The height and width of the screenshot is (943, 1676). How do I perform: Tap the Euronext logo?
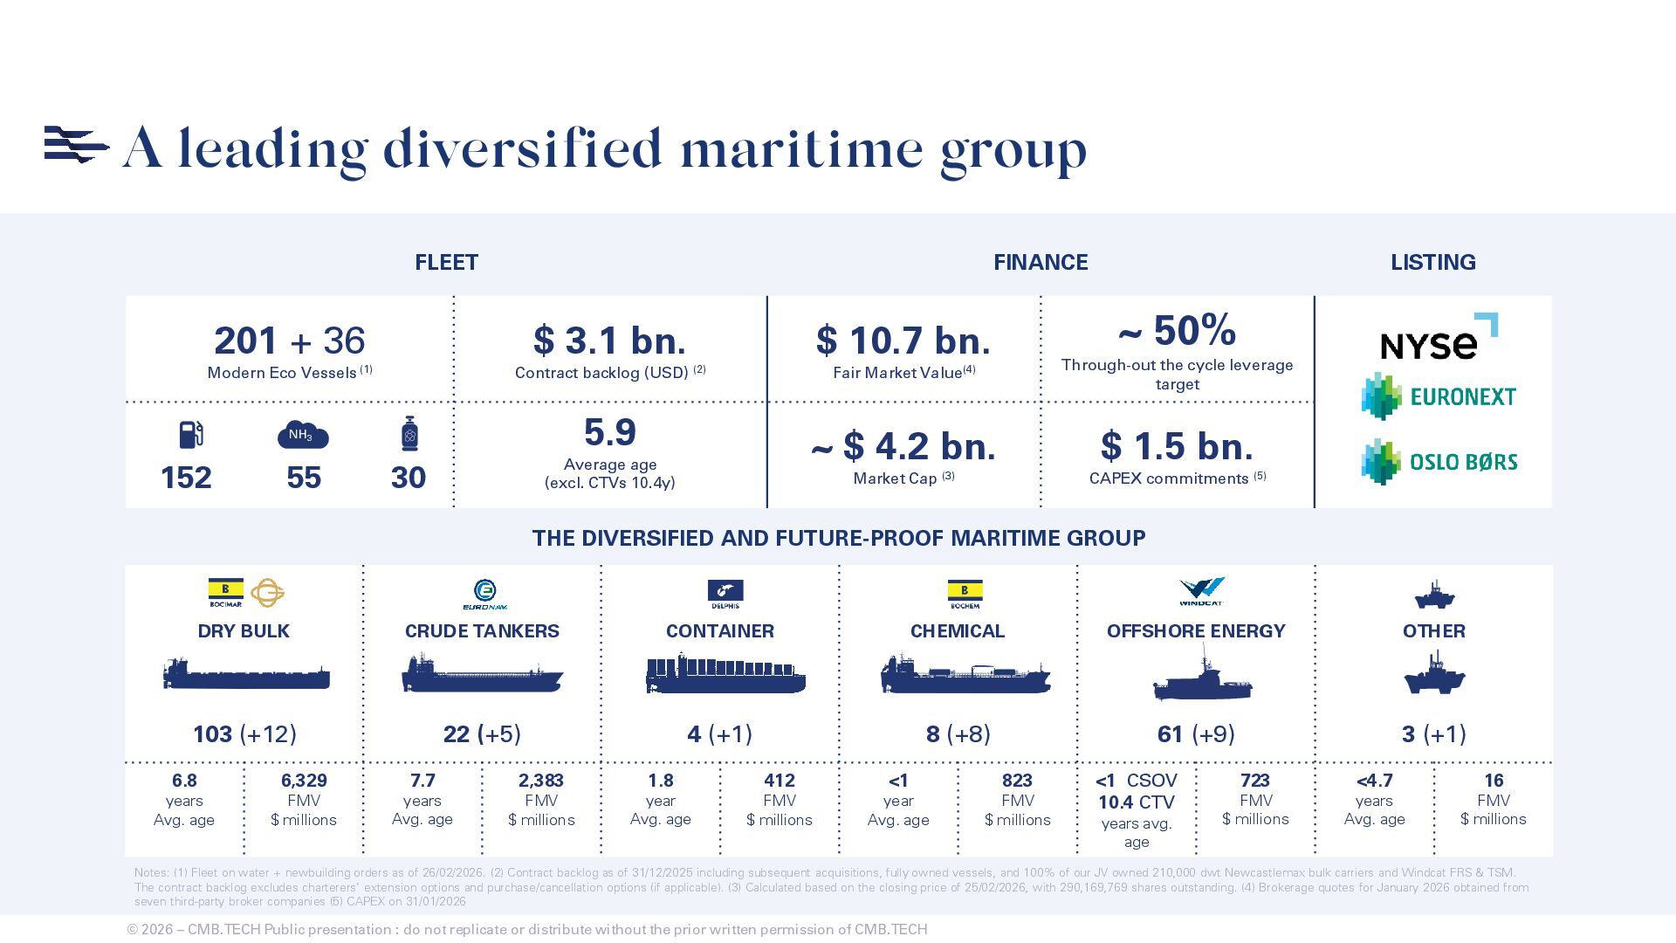point(1439,396)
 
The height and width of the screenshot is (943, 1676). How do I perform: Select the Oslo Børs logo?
point(1439,462)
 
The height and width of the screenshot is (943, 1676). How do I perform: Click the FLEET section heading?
point(446,263)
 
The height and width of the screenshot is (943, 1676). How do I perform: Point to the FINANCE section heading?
point(1040,263)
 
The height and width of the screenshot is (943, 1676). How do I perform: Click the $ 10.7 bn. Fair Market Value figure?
point(903,341)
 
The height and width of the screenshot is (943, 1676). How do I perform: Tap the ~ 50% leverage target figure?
point(1177,331)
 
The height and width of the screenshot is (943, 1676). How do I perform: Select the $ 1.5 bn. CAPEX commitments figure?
point(1177,446)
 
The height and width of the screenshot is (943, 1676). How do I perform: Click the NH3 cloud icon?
point(302,435)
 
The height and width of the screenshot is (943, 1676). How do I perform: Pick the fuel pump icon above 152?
point(191,434)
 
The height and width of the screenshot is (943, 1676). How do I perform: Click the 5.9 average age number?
point(609,433)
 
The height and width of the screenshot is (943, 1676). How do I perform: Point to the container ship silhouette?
point(725,675)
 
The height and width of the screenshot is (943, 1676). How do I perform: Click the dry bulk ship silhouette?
point(246,675)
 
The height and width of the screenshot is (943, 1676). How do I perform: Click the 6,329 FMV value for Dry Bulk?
point(303,781)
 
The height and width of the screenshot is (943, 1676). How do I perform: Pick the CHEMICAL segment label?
point(957,631)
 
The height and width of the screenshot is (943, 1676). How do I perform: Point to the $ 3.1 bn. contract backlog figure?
point(609,341)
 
